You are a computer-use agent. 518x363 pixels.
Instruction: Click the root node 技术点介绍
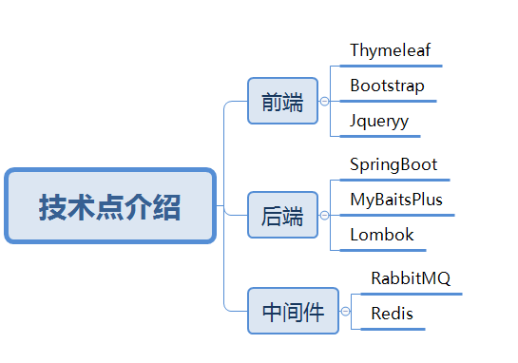click(110, 205)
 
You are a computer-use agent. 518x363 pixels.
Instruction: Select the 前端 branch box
click(282, 101)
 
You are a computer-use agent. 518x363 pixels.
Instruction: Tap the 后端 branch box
click(282, 216)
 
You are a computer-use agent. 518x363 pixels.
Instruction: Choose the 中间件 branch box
click(293, 311)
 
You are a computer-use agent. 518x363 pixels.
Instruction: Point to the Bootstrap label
click(387, 86)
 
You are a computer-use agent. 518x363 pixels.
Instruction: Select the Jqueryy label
click(378, 122)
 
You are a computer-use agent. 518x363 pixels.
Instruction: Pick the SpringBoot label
click(393, 164)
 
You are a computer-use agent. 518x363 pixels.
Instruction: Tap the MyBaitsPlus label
click(396, 200)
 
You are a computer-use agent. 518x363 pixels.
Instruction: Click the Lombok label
click(382, 235)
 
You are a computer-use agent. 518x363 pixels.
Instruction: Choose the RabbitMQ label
click(411, 278)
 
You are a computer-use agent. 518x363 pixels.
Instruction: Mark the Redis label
click(392, 314)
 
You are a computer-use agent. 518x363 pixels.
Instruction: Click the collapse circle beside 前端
click(324, 101)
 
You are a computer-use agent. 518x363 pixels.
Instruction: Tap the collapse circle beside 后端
click(324, 216)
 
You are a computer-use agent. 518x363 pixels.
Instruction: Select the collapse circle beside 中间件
click(345, 311)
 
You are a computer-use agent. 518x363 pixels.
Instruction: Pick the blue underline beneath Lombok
click(384, 251)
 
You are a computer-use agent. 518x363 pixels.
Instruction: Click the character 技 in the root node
click(53, 207)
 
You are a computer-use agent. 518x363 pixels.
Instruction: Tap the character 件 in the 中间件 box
click(313, 312)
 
